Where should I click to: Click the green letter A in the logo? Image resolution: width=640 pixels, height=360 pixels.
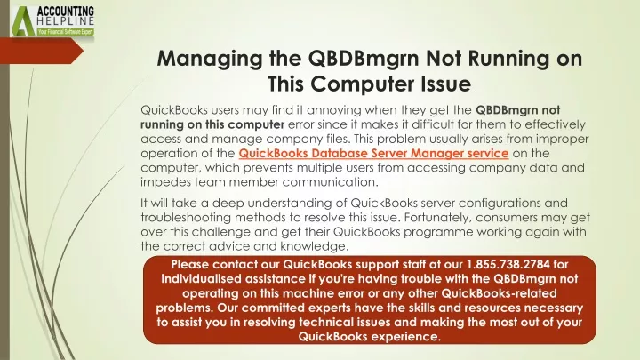(x=22, y=21)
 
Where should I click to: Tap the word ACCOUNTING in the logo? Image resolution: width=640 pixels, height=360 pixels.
(x=66, y=11)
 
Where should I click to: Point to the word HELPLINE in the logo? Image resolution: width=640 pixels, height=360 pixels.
(x=66, y=21)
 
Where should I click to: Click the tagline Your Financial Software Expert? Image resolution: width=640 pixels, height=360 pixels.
(x=65, y=31)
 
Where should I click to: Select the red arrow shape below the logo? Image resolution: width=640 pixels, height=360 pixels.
(x=42, y=51)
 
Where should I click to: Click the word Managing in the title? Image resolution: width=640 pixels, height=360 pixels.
(x=210, y=60)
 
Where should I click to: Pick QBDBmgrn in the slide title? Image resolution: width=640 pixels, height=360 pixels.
(x=364, y=59)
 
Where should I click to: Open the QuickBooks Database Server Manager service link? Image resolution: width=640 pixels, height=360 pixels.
(x=373, y=153)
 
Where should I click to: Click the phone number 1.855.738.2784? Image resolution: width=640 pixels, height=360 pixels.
(x=508, y=264)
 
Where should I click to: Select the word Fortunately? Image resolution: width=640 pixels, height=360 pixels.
(x=438, y=218)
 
